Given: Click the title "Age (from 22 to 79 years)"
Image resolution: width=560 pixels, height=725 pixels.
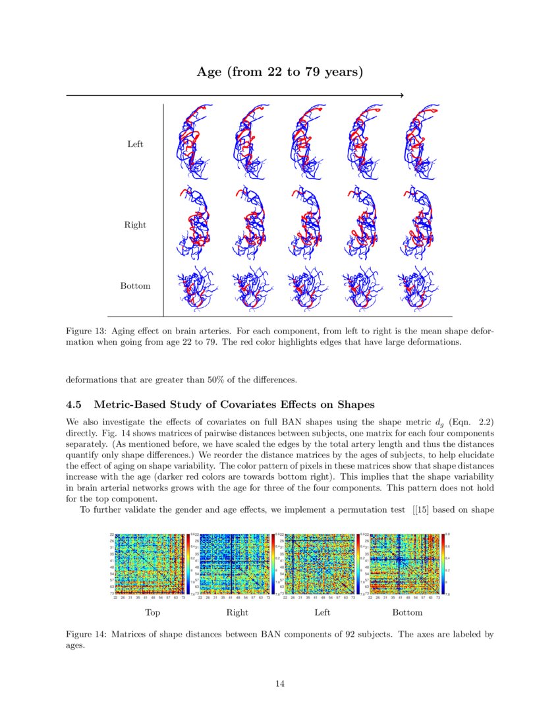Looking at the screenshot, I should tap(280, 72).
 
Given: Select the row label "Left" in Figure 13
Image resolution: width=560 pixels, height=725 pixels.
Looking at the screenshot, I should tap(135, 144).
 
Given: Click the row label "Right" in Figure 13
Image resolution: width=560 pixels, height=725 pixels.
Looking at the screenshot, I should tap(135, 225).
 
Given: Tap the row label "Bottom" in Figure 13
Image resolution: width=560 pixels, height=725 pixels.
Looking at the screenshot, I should tap(135, 286).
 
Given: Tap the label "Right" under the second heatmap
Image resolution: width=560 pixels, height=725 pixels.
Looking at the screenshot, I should tap(237, 613).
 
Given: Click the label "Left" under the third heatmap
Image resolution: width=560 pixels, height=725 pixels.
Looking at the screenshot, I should tap(322, 613).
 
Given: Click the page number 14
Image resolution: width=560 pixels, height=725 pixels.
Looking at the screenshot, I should tap(280, 684).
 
